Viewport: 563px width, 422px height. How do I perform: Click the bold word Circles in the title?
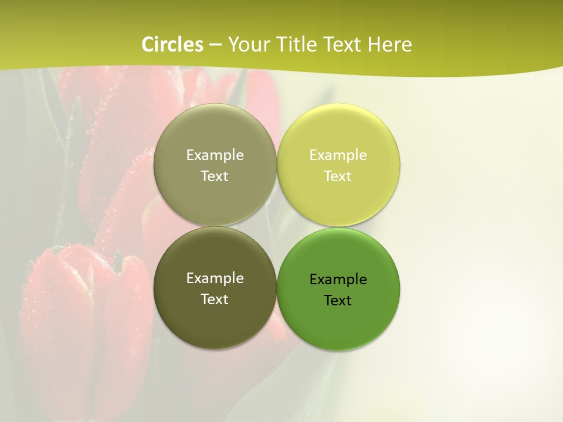[172, 45]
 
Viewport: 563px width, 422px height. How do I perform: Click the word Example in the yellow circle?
[338, 155]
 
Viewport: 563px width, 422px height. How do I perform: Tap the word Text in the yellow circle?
[338, 176]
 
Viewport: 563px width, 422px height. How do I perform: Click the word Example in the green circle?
[338, 280]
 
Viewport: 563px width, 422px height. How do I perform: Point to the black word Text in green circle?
[338, 301]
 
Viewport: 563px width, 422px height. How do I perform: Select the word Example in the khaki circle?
[215, 155]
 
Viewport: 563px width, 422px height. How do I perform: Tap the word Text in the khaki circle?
[215, 176]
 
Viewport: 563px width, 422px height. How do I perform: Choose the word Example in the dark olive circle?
[215, 278]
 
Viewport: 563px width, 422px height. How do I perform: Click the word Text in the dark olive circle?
[215, 300]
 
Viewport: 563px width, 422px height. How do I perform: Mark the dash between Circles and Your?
[215, 45]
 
